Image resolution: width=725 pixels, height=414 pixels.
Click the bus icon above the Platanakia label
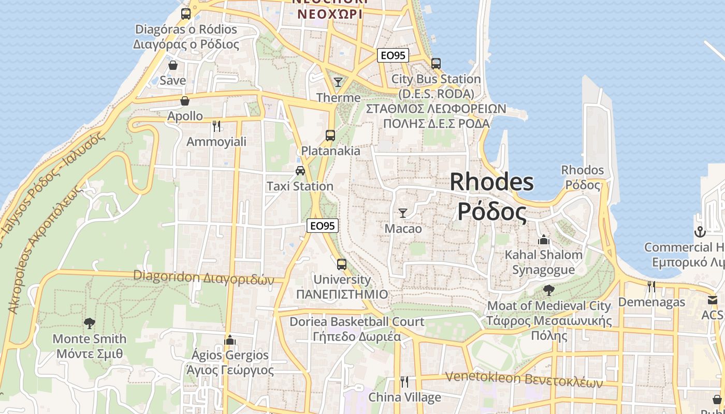pos(330,136)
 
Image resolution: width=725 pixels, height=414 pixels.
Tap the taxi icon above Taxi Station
pos(300,171)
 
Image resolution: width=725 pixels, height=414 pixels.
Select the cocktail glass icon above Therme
pos(338,82)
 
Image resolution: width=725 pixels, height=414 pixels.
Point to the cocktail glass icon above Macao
pos(402,213)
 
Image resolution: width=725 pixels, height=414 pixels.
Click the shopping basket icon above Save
pos(173,65)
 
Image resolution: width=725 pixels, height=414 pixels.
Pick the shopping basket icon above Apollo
pos(184,100)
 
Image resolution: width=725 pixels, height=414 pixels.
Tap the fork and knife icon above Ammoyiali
pos(216,126)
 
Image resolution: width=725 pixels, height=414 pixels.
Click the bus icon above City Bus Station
pos(436,63)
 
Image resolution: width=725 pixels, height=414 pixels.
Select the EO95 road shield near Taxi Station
pos(323,226)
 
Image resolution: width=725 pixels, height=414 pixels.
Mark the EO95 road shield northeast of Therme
pos(393,55)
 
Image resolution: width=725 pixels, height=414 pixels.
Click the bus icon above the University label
pos(342,264)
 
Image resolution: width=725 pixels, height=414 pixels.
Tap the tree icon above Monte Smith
pos(90,323)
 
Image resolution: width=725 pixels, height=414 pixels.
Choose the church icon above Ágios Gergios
pos(230,340)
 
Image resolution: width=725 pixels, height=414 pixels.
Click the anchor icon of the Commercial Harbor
pos(700,232)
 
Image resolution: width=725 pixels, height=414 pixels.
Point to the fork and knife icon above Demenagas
pos(651,286)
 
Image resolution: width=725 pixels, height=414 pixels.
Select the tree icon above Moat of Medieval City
pos(548,290)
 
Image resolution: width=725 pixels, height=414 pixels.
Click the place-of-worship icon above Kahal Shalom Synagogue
pos(543,240)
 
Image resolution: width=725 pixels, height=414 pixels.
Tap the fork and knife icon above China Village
pos(404,382)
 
